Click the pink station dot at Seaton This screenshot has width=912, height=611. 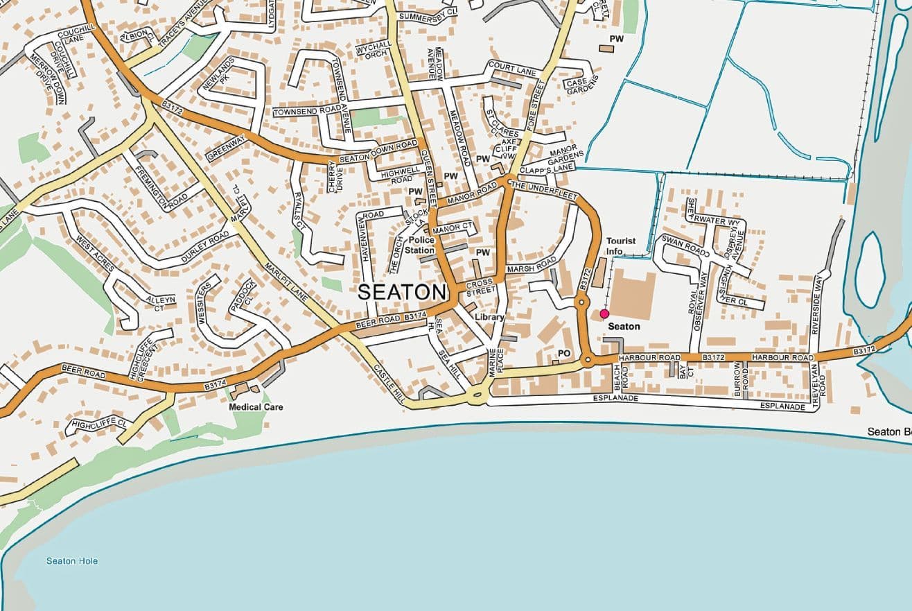click(604, 314)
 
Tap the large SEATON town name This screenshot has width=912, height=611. click(401, 293)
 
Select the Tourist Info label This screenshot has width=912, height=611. click(621, 246)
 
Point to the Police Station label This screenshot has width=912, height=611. click(420, 245)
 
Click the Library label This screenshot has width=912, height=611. click(489, 317)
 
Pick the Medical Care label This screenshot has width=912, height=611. click(256, 407)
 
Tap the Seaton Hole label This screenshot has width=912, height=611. click(72, 561)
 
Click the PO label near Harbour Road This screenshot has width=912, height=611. click(564, 354)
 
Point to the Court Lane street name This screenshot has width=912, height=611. click(513, 68)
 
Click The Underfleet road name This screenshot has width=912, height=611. click(544, 191)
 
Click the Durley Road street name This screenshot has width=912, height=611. click(205, 246)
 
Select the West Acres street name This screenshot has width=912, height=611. click(95, 255)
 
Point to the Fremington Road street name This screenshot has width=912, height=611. click(161, 187)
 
